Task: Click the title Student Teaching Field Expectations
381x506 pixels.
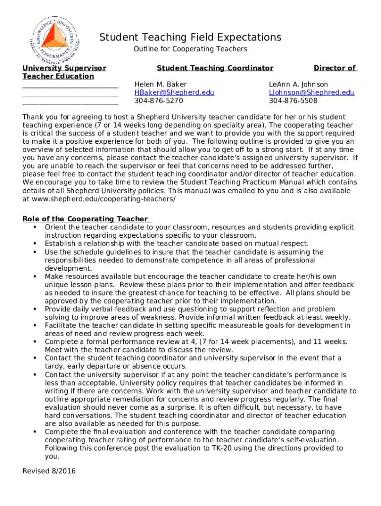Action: [x=190, y=38]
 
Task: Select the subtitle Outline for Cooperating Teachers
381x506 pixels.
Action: [x=190, y=49]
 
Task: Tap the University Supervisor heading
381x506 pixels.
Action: [x=64, y=68]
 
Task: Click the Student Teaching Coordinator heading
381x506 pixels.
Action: [x=215, y=68]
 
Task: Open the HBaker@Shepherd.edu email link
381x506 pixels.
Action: [x=174, y=92]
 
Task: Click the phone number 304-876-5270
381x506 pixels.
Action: [x=158, y=101]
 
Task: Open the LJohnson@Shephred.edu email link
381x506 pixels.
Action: [x=311, y=92]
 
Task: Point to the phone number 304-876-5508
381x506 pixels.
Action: [x=293, y=101]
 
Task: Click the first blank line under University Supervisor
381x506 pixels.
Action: [x=70, y=86]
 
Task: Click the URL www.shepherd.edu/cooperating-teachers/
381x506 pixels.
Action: [x=103, y=199]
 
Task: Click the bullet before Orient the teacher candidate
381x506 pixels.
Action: [x=35, y=227]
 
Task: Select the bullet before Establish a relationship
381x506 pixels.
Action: [x=35, y=244]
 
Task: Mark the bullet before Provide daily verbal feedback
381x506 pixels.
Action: [x=35, y=309]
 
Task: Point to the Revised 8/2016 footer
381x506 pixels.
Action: [x=49, y=471]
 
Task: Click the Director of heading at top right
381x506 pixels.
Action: [x=335, y=68]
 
